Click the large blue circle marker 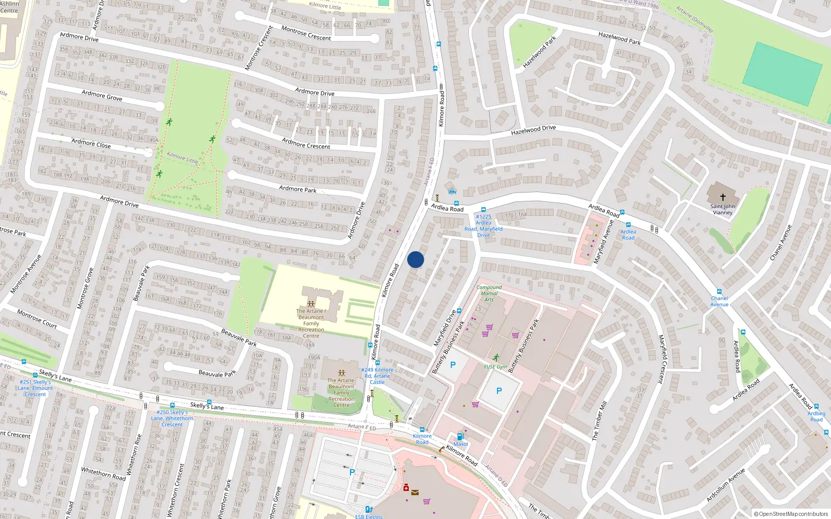coord(415,259)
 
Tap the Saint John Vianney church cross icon coord(722,197)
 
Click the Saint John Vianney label coord(722,209)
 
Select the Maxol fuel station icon coord(460,436)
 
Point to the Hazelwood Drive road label coord(533,130)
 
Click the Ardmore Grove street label coord(102,95)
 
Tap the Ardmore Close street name coord(91,143)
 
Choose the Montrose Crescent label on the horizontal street coord(306,34)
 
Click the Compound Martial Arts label coord(489,293)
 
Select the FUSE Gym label coord(495,366)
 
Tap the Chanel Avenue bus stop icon coord(719,292)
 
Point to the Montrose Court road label coord(37,319)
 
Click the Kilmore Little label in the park coord(182,157)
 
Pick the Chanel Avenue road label coord(781,242)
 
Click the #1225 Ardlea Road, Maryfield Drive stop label coord(483,226)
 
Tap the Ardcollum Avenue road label coord(726,485)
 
